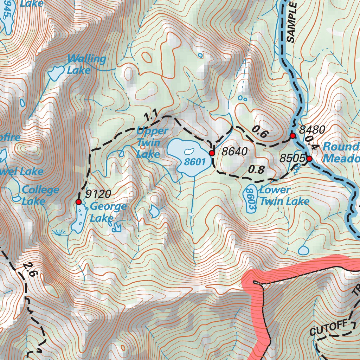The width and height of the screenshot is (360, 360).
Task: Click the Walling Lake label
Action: pos(86,64)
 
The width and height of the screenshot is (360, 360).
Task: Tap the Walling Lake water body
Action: pos(55,73)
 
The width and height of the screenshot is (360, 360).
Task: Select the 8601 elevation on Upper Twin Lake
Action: pos(194,162)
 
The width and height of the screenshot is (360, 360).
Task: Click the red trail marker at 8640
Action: pos(212,153)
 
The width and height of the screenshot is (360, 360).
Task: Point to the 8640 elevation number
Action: pos(235,152)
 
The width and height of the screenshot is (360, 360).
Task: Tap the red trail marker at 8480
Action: pos(292,135)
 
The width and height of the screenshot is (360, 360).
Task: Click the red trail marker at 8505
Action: pos(309,159)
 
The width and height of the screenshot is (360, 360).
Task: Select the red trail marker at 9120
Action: pos(78,202)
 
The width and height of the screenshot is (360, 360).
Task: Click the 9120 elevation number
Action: pos(98,194)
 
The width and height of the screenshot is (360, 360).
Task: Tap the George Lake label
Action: pos(108,212)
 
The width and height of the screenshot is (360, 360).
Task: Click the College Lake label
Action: pos(40,195)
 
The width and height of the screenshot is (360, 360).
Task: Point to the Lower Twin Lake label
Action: pos(284,195)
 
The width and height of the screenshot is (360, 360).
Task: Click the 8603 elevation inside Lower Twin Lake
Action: pos(250,199)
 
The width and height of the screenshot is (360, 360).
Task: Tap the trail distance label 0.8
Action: pos(256,170)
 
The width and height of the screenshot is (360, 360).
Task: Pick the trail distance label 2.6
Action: pos(28,269)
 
